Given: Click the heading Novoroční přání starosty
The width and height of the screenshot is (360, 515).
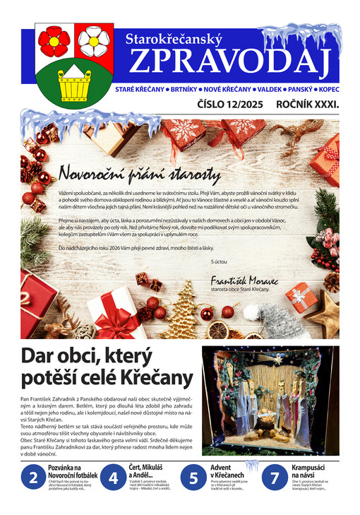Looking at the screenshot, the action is [x=140, y=173].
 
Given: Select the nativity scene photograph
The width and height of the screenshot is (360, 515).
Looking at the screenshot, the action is [x=270, y=400].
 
